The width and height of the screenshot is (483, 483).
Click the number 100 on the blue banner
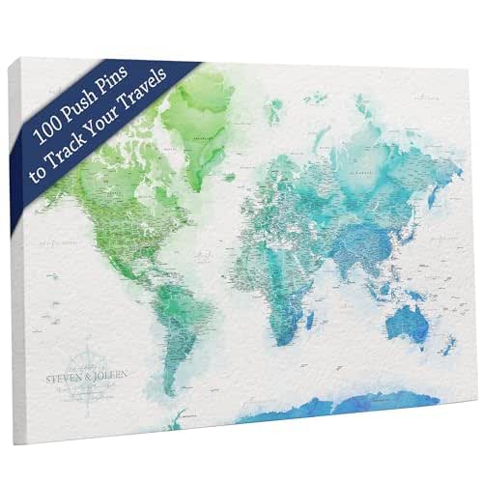click(48, 132)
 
